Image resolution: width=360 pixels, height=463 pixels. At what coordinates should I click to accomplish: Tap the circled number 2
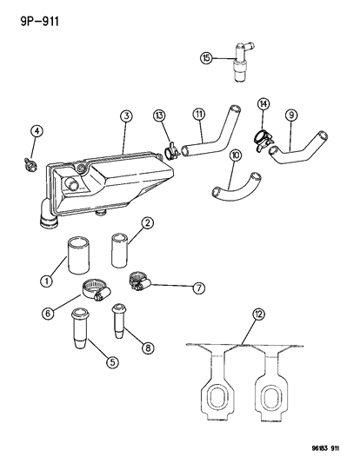point(148,224)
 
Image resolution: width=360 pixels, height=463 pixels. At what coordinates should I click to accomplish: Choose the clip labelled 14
point(262,136)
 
